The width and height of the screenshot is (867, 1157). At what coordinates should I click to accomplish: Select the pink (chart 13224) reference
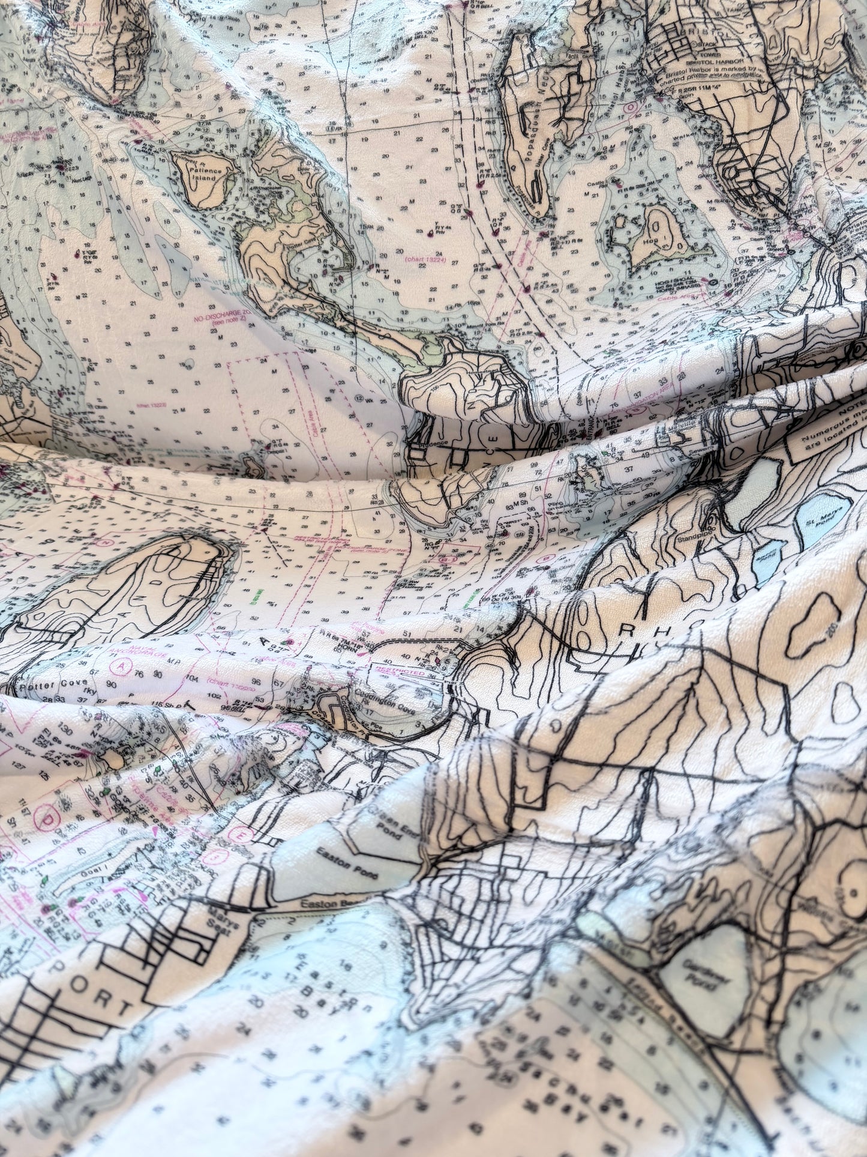pos(427,259)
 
